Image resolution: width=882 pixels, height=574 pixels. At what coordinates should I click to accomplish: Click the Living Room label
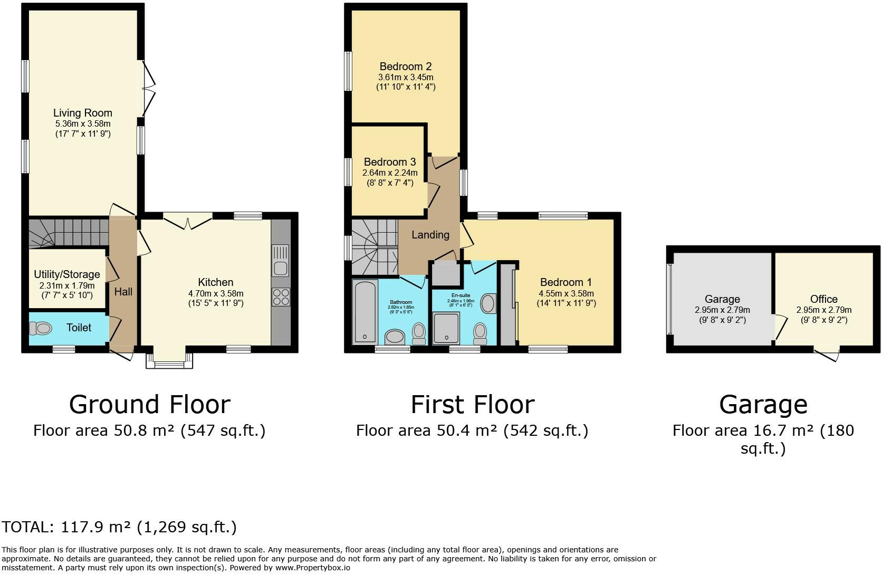(83, 113)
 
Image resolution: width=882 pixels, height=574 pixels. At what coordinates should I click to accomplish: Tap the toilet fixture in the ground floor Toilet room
(40, 329)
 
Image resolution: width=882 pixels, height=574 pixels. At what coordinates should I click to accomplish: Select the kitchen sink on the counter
(281, 261)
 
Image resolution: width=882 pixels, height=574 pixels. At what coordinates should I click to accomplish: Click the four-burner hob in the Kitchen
(281, 297)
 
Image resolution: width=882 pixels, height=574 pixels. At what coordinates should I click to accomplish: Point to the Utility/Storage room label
(67, 274)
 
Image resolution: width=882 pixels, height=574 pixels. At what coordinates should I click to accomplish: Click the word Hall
(123, 292)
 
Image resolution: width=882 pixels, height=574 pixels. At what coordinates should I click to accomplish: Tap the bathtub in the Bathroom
(365, 312)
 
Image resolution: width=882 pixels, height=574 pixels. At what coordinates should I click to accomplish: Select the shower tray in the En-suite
(446, 328)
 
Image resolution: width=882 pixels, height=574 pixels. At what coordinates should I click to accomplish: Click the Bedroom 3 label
(390, 162)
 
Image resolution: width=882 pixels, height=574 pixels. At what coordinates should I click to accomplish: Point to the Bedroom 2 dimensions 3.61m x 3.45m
(405, 77)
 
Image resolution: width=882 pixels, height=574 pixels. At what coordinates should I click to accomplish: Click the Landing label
(430, 235)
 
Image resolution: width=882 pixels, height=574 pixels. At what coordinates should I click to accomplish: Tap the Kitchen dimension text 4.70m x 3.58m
(216, 293)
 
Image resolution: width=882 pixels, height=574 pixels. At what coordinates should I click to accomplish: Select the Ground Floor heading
(150, 405)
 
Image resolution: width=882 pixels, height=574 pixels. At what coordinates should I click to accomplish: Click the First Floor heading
(472, 405)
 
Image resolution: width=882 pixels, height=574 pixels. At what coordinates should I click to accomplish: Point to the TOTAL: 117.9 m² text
(119, 527)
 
